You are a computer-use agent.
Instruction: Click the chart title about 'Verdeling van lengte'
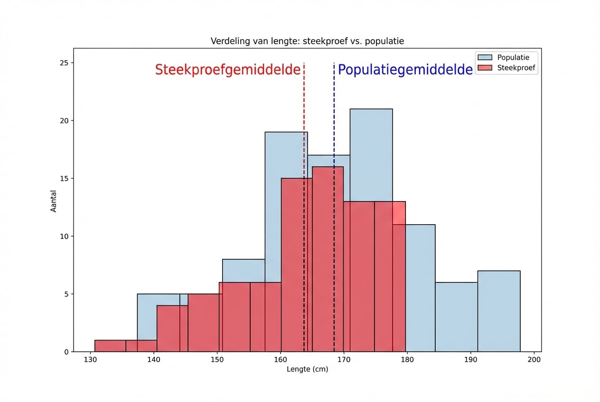[x=307, y=41]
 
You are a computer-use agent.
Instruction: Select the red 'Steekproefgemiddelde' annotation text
[x=228, y=70]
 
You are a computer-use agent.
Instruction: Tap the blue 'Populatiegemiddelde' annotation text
[x=405, y=70]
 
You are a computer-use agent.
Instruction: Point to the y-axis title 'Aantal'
[x=54, y=201]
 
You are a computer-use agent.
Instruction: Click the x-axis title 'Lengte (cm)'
[x=307, y=369]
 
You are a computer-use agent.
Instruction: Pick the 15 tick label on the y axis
[x=65, y=178]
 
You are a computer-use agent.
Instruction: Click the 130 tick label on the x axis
[x=90, y=359]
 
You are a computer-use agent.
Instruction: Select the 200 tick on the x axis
[x=534, y=359]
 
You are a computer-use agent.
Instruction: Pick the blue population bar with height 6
[x=456, y=317]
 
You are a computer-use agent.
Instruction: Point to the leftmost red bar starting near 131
[x=110, y=346]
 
